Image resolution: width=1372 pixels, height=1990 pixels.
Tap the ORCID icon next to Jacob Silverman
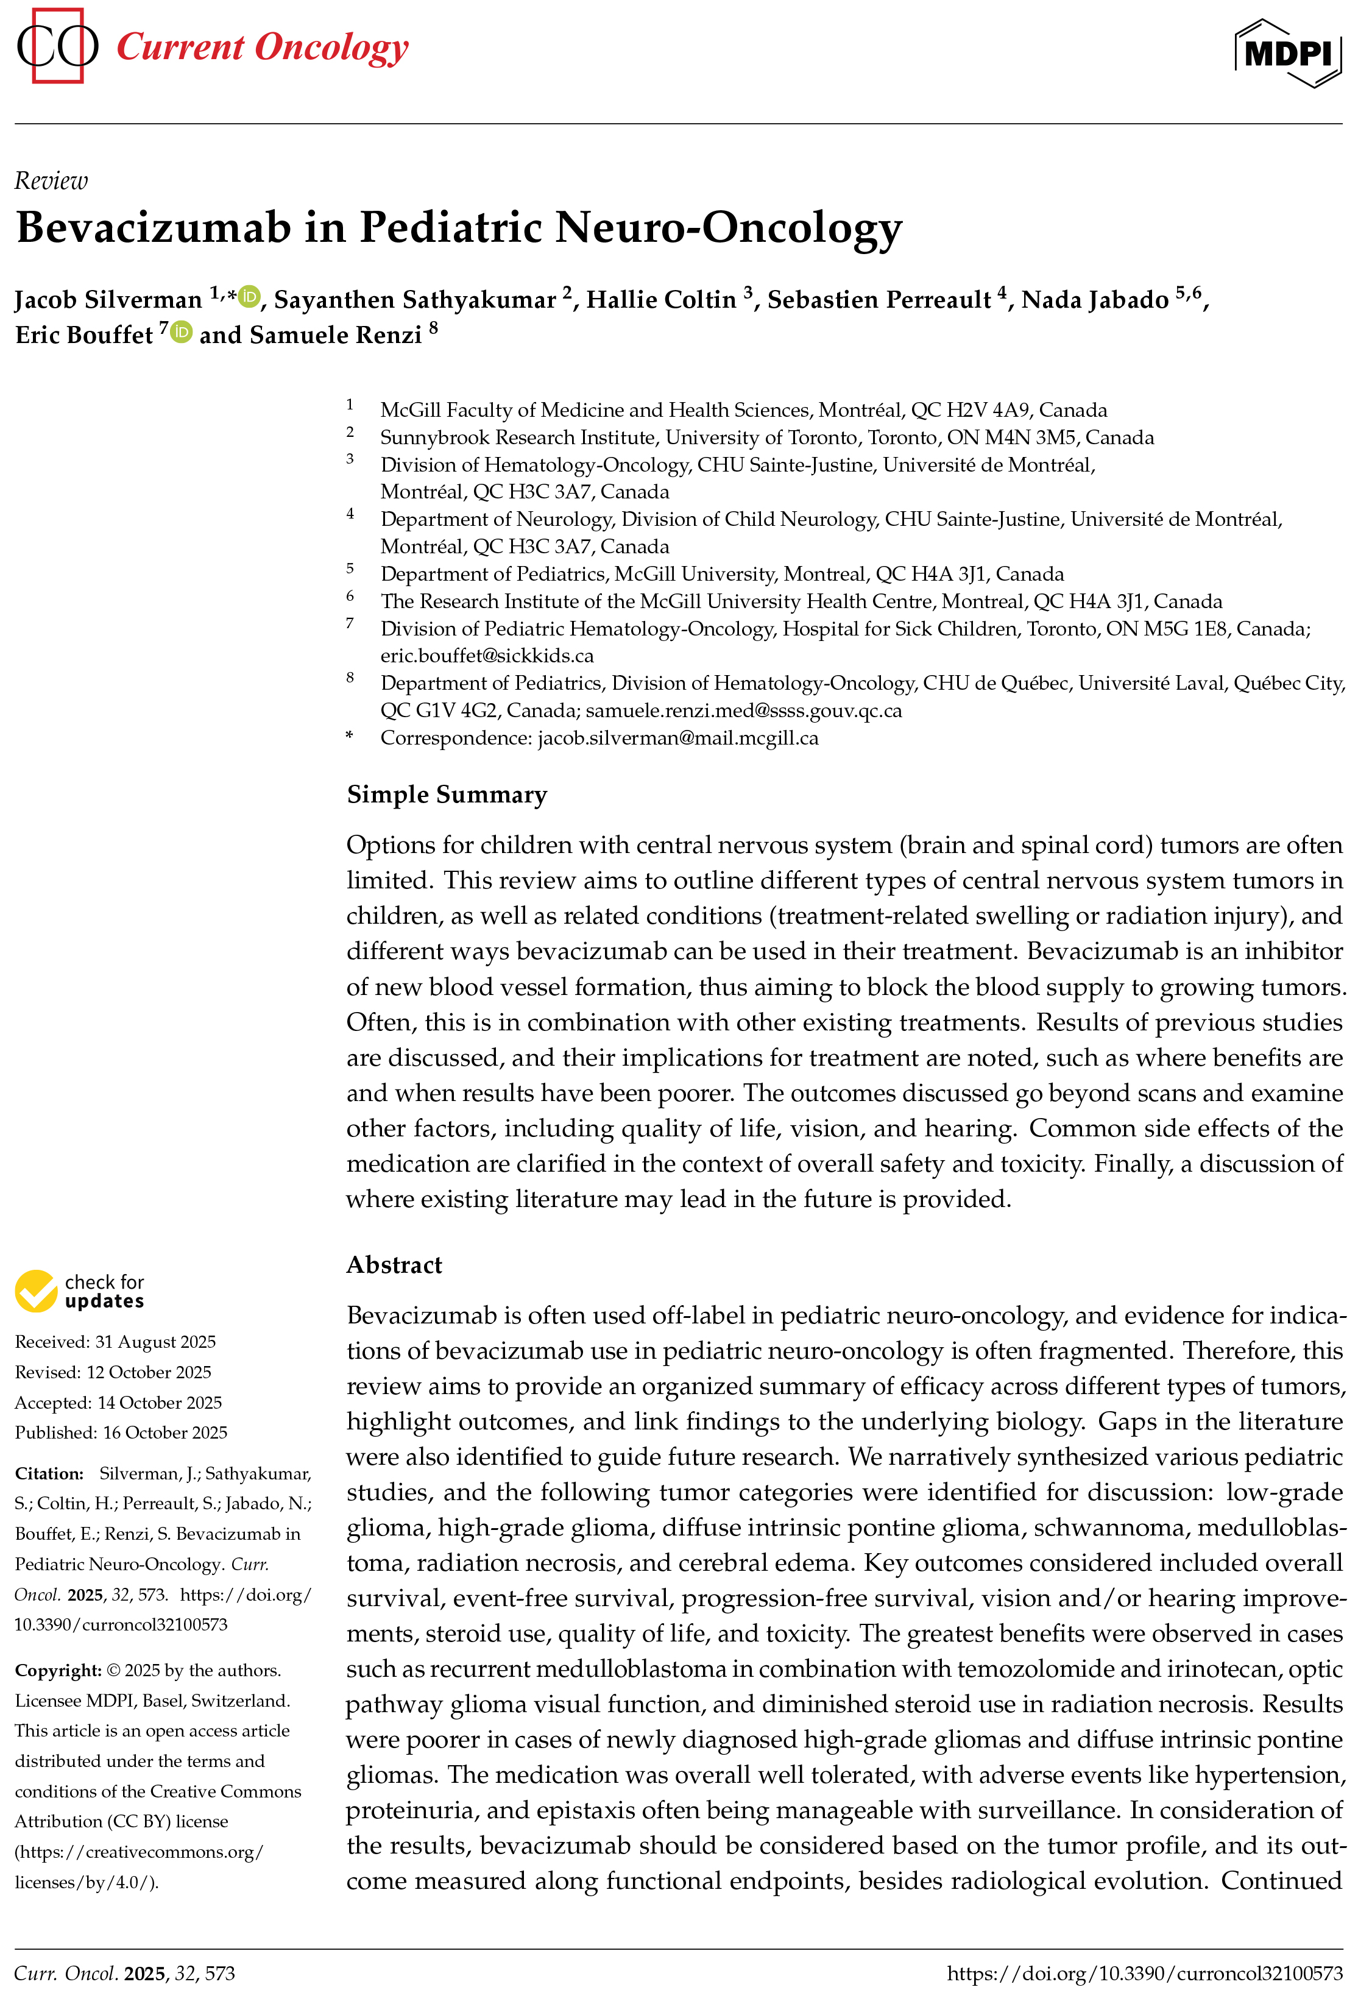click(249, 297)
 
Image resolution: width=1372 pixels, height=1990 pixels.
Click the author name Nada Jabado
click(1094, 300)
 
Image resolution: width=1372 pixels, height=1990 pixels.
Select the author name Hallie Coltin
click(660, 300)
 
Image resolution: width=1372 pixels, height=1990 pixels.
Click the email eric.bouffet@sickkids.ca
click(487, 656)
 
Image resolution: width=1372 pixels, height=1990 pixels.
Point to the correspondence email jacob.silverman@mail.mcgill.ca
click(677, 738)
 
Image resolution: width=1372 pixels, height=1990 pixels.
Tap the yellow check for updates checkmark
click(36, 1291)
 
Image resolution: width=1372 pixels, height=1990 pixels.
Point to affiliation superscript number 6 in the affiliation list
click(350, 596)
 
